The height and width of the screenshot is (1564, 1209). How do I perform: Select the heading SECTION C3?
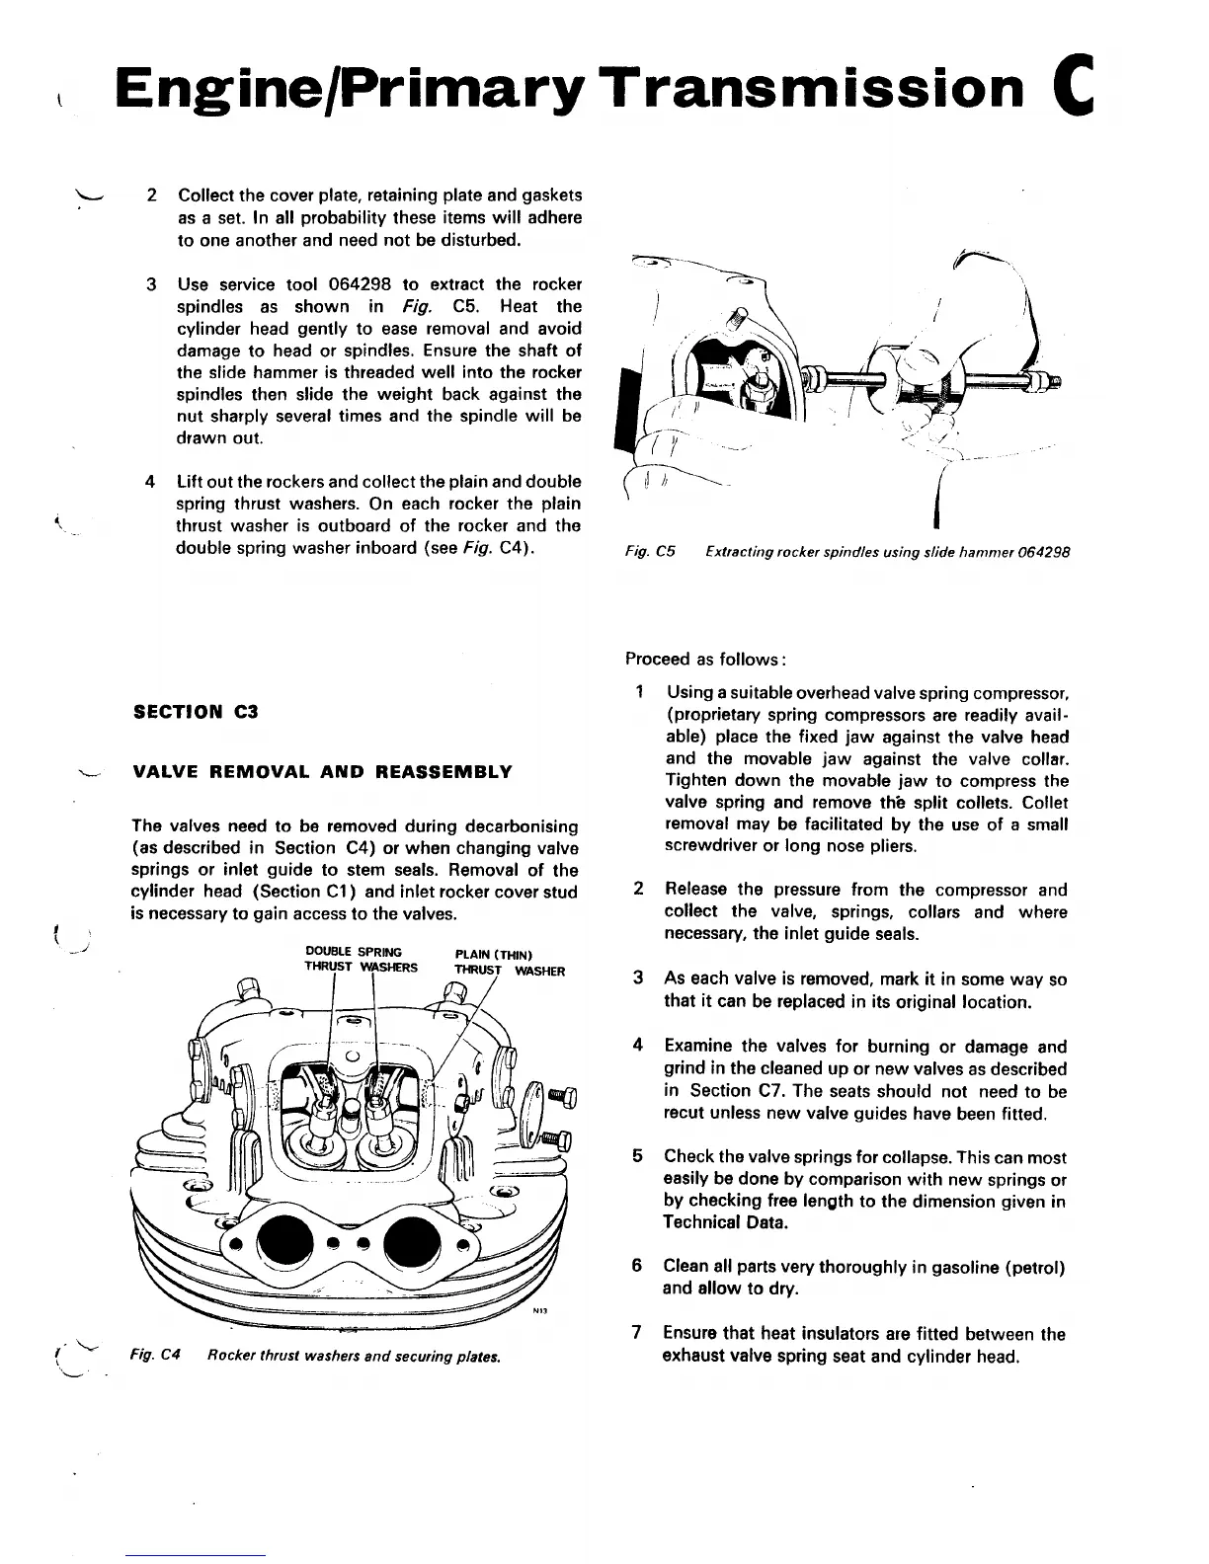(x=196, y=711)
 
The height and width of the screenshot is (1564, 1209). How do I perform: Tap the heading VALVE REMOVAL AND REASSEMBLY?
(x=322, y=771)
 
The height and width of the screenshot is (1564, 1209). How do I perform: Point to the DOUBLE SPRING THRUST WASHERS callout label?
(x=361, y=960)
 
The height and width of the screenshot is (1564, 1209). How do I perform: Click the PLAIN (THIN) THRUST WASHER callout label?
(x=509, y=963)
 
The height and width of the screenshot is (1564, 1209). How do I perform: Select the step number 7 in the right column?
(x=638, y=1334)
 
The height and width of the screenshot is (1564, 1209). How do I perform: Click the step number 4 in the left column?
(x=150, y=483)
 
